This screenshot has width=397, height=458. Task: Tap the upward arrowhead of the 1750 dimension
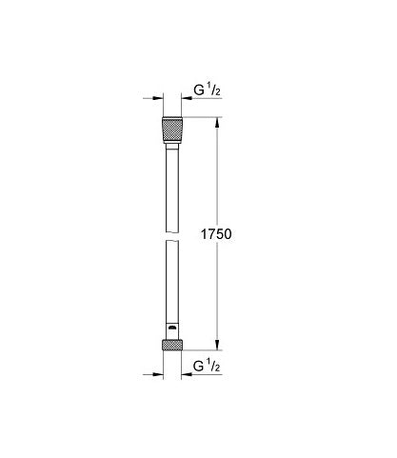[x=219, y=123]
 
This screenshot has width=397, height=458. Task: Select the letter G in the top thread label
[x=199, y=92]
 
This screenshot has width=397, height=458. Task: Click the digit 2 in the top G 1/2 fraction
[x=219, y=95]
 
